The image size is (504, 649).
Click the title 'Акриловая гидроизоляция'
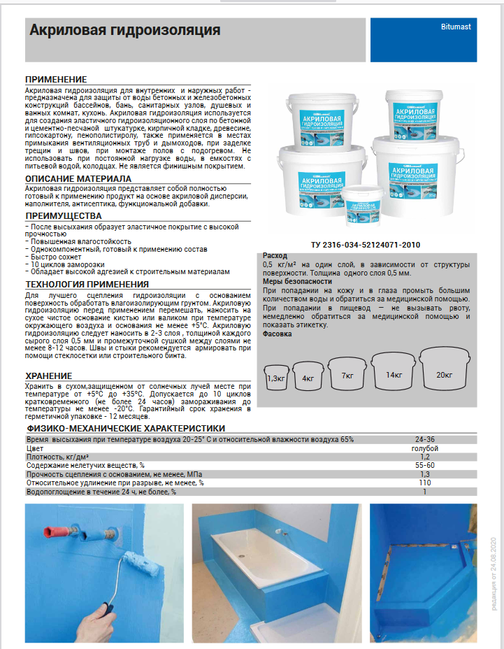(125, 31)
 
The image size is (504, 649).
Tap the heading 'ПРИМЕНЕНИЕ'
(56, 80)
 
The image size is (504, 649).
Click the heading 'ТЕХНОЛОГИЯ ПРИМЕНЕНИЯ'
(87, 284)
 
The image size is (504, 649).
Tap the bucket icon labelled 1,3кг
(277, 377)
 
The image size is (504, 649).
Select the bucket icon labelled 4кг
(308, 376)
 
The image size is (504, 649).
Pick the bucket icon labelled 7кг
(347, 375)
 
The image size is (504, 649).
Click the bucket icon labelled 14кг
(394, 373)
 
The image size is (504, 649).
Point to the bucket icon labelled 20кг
(445, 373)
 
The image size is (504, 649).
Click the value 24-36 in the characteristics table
(424, 439)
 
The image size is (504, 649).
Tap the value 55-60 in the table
(424, 465)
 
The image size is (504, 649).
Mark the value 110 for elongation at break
(424, 483)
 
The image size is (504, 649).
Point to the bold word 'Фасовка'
(278, 334)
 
